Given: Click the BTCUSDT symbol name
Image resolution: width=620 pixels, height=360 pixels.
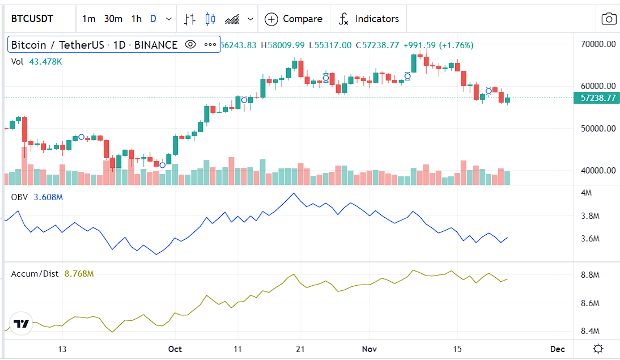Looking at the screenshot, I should [x=32, y=19].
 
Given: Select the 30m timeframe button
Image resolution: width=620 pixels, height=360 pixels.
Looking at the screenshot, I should [x=113, y=19].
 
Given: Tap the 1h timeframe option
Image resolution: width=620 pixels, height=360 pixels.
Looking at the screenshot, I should [x=136, y=19].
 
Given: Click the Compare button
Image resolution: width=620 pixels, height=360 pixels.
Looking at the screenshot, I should [x=294, y=19].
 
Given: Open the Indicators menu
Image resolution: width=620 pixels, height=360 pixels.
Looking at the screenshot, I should [x=369, y=19].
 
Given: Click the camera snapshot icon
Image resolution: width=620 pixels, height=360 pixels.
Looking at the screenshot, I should [x=609, y=19].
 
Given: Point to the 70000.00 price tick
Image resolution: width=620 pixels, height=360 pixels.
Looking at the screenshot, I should [x=598, y=44].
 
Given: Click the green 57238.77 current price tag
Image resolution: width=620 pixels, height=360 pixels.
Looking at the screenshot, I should [x=598, y=98].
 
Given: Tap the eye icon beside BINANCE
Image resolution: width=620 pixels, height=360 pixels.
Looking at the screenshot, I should [x=190, y=45].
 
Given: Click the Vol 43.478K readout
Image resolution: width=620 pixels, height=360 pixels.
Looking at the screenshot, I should [x=36, y=61].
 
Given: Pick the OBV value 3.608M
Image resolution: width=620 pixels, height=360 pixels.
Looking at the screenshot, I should [x=48, y=197].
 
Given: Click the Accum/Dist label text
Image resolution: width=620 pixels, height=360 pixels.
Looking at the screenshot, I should [x=35, y=274].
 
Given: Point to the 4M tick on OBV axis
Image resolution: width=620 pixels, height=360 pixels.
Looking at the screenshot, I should [x=587, y=193].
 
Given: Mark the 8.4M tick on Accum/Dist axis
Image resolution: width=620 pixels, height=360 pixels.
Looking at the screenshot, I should [x=590, y=331].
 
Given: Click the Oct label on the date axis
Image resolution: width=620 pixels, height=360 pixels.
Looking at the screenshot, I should [x=175, y=349].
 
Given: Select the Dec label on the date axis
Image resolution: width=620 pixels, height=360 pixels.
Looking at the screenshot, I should [x=557, y=349].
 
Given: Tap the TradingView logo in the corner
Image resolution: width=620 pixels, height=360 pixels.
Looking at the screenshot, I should [x=22, y=324].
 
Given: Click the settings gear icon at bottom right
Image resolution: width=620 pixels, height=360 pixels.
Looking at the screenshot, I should [x=597, y=349].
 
